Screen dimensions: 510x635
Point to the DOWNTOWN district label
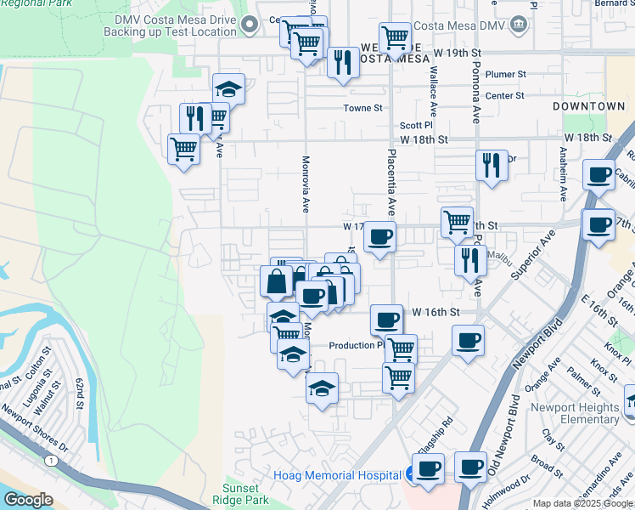coord(588,106)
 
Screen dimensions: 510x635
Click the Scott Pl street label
coord(417,125)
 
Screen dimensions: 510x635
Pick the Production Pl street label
coord(355,345)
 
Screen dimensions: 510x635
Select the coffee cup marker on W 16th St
coord(386,320)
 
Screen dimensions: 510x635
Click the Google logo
coord(28,500)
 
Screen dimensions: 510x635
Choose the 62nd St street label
coord(79,392)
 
